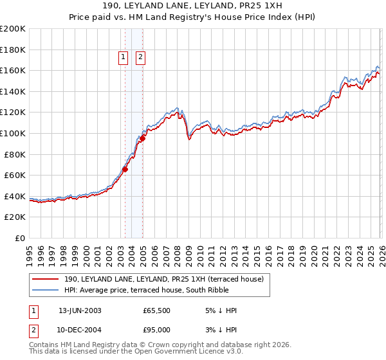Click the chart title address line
pyautogui.click(x=192, y=6)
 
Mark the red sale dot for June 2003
pyautogui.click(x=125, y=169)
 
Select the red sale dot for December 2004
pyautogui.click(x=142, y=138)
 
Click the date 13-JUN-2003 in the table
pyautogui.click(x=80, y=310)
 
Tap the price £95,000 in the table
pyautogui.click(x=156, y=330)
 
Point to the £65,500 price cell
pyautogui.click(x=156, y=310)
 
